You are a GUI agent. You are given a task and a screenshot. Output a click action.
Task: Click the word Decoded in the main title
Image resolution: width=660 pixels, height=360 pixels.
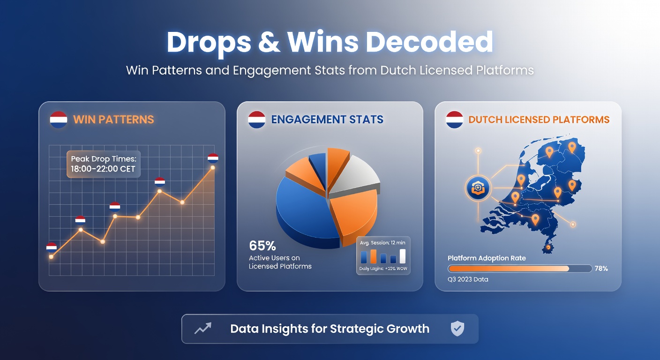pos(429,43)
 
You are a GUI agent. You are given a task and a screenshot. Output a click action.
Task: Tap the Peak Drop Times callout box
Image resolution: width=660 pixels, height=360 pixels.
pos(103,164)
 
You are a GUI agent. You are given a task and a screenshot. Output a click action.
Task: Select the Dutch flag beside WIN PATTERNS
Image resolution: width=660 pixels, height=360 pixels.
pos(59,120)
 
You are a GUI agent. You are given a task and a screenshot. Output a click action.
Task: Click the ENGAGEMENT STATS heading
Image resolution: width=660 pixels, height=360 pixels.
pos(327,120)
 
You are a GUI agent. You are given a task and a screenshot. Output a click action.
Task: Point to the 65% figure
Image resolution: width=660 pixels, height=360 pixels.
pos(262,246)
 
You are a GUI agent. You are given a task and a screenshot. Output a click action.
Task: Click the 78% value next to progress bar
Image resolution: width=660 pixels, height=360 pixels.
pos(601,269)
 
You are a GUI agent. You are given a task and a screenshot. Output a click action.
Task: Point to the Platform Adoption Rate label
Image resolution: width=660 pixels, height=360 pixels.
pos(487,258)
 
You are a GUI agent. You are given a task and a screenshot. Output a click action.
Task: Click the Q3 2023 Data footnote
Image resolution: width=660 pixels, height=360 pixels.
pos(468,279)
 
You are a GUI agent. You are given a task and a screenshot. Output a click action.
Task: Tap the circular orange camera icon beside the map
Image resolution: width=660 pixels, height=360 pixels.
pos(478,188)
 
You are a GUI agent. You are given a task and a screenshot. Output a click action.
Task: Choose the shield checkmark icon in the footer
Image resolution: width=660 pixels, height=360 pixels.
pos(457,329)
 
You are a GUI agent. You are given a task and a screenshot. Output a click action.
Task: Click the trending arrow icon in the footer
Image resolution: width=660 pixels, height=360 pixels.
pos(203,329)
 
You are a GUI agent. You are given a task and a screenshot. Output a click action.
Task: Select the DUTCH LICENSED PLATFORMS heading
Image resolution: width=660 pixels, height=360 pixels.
pos(539,120)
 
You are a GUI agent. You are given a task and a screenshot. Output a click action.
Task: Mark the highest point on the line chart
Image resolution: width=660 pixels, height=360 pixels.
pos(213,167)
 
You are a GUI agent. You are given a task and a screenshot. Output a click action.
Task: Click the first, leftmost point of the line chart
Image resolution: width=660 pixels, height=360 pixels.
pos(51,256)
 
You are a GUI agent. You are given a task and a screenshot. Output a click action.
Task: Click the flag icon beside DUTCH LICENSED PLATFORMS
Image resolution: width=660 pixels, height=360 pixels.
pos(455,120)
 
